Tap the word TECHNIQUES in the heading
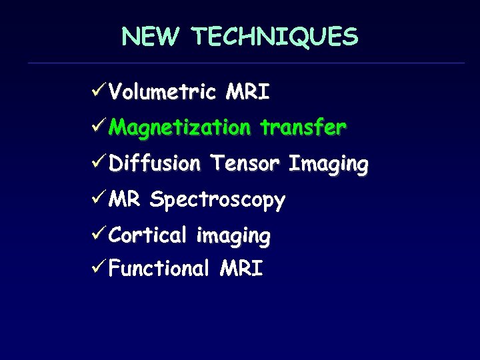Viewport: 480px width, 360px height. pos(275,37)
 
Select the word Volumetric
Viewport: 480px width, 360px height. pos(162,91)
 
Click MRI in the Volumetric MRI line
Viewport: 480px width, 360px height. pos(247,91)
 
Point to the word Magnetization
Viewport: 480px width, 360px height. pos(179,127)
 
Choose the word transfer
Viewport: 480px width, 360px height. pos(303,127)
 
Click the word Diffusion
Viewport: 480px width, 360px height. pos(154,163)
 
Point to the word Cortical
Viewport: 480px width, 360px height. pos(148,235)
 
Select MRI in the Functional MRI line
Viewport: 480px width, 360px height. pos(241,269)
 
